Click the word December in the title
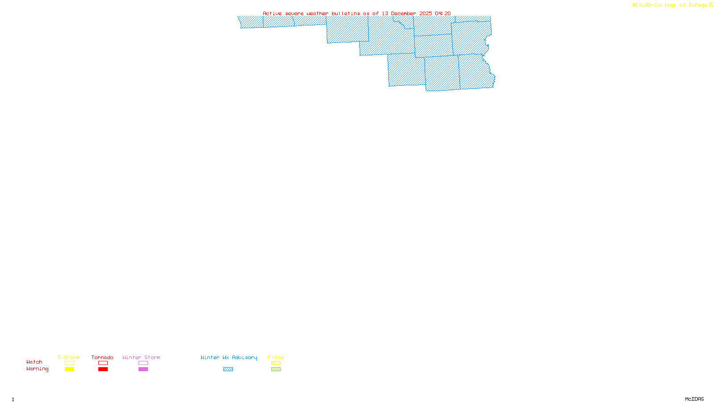coord(404,13)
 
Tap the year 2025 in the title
coord(426,13)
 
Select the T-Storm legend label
coord(69,357)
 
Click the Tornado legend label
coord(102,357)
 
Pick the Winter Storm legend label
coord(141,357)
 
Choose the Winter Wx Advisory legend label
coord(229,357)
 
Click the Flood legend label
coord(276,357)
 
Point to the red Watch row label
coord(34,362)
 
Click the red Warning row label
coord(38,369)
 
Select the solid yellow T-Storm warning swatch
coord(69,369)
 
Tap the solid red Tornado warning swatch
coord(103,369)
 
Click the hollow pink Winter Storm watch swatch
coord(143,363)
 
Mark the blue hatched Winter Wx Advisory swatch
coord(228,369)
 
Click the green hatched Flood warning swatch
coord(276,369)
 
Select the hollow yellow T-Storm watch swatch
coord(69,363)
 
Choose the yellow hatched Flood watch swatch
coord(276,363)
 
